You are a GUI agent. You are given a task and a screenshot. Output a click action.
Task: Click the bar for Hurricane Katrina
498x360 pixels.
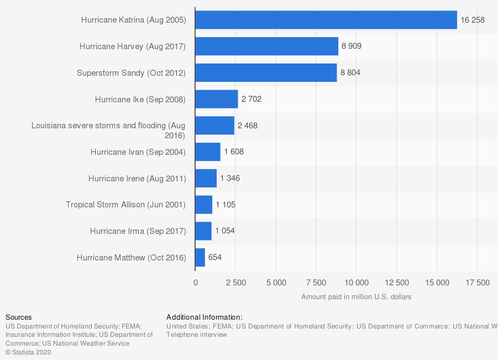(326, 20)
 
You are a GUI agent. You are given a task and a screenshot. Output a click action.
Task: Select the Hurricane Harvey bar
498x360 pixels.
(266, 46)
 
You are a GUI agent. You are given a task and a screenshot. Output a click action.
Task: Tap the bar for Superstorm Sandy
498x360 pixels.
(266, 72)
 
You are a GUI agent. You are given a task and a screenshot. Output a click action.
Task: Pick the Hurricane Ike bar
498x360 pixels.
(217, 100)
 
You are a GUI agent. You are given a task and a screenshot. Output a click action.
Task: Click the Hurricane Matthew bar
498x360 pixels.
(200, 257)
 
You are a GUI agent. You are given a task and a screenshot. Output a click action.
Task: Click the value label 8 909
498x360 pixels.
(352, 46)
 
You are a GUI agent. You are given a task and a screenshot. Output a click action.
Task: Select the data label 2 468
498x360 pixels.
(248, 126)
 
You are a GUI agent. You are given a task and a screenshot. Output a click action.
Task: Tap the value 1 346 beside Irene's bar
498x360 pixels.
(230, 178)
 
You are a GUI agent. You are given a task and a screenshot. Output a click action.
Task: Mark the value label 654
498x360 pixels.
(215, 257)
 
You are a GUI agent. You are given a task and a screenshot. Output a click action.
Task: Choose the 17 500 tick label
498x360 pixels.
(478, 283)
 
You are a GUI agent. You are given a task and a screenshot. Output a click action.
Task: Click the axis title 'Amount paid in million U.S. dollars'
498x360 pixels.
(356, 297)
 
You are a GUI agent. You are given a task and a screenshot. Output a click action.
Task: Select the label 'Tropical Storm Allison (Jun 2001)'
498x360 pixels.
(125, 205)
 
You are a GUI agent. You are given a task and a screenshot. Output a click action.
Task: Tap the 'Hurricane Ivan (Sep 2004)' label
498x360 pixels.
(138, 152)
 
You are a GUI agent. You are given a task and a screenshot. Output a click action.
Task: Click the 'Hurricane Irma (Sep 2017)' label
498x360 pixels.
(138, 231)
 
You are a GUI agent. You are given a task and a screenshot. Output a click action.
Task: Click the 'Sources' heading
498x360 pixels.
(18, 317)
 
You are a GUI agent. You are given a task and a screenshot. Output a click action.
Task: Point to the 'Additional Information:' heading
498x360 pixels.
(205, 317)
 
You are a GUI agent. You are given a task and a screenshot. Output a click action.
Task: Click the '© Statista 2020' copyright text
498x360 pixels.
(28, 352)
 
